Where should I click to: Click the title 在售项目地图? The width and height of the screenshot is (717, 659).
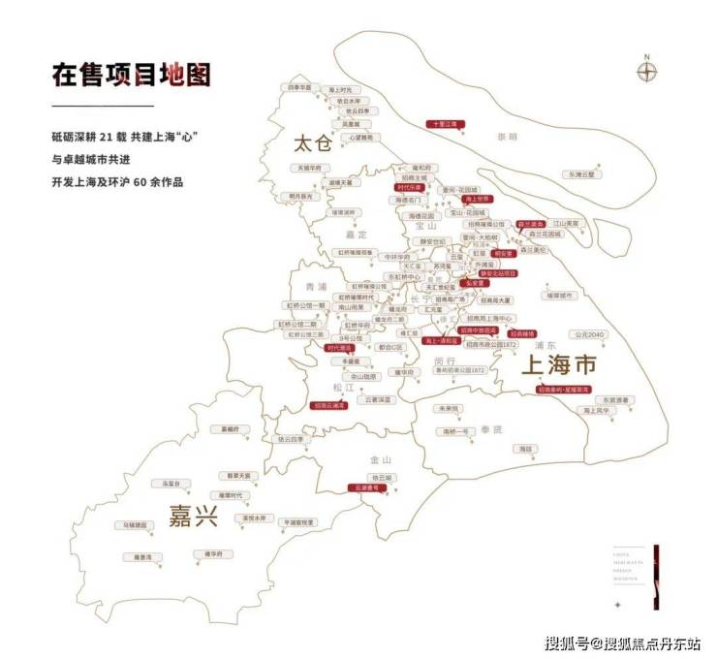coord(131,75)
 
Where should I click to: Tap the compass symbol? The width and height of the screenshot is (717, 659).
coord(647,72)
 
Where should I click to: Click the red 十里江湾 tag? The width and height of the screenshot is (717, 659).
coord(449,124)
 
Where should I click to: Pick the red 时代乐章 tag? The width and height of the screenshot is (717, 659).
coord(411,187)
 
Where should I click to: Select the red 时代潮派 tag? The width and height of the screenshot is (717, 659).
coord(341,348)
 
